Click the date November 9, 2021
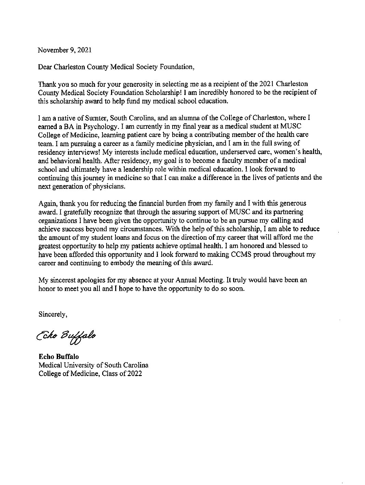tap(65, 50)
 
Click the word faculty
tap(247, 161)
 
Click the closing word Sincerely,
tap(53, 314)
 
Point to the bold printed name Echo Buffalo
tap(58, 357)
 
